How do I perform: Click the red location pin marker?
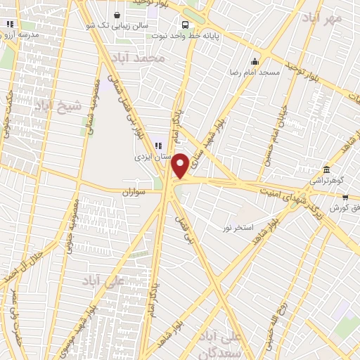tap(180, 165)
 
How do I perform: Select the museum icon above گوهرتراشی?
tap(327, 170)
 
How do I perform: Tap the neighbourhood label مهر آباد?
tap(324, 17)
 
